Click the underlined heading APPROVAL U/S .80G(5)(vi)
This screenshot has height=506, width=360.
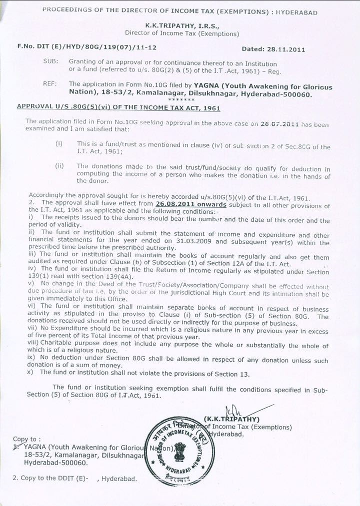click(118, 107)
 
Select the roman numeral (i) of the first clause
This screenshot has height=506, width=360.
click(59, 144)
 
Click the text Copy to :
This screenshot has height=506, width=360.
click(24, 438)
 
